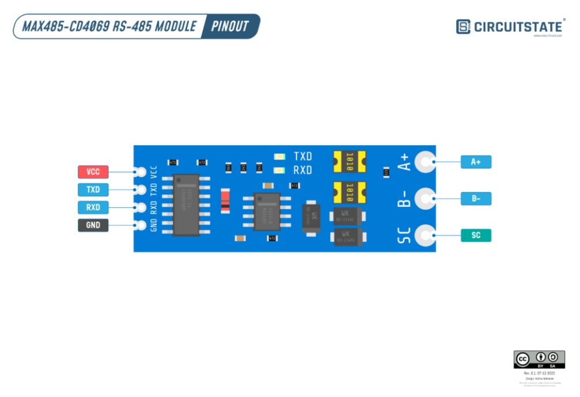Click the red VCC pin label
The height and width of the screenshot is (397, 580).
(x=93, y=172)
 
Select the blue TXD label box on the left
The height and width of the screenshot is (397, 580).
(x=93, y=190)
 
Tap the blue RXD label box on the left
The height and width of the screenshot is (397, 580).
(x=93, y=207)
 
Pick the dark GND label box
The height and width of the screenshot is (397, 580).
(x=93, y=225)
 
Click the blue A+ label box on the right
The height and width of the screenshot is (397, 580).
(x=476, y=162)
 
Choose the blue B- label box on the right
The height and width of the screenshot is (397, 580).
(x=476, y=199)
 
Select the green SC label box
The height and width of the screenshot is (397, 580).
(x=476, y=235)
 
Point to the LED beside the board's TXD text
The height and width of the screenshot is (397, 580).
(x=280, y=157)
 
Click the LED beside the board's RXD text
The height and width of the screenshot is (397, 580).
(x=280, y=171)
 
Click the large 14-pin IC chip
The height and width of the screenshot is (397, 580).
(x=186, y=205)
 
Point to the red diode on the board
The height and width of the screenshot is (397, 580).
(x=226, y=201)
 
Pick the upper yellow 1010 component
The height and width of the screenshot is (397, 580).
(x=349, y=161)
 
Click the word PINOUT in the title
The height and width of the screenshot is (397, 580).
(x=230, y=27)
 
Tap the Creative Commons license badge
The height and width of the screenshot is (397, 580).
(x=539, y=359)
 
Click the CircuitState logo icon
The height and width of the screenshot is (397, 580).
(x=463, y=27)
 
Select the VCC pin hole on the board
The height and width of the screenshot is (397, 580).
(x=140, y=172)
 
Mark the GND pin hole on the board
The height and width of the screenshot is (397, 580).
(x=140, y=225)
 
